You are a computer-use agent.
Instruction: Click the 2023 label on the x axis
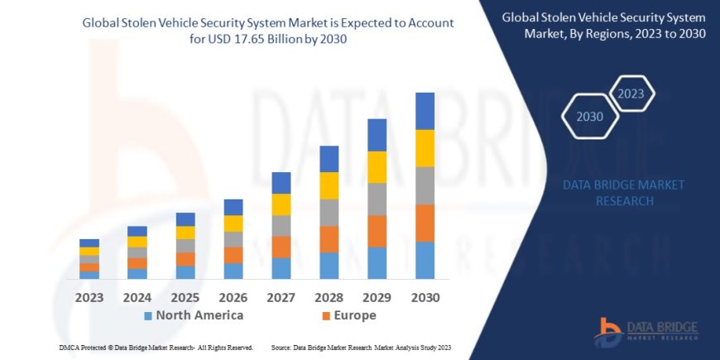[x=89, y=297]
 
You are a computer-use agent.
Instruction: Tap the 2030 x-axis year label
[x=425, y=297]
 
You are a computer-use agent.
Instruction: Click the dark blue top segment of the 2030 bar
[x=425, y=111]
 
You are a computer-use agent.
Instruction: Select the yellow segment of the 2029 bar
[x=377, y=167]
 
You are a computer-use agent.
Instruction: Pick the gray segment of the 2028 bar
[x=329, y=213]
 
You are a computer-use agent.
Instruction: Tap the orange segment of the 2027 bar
[x=281, y=247]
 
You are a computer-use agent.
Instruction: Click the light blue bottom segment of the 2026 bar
[x=233, y=271]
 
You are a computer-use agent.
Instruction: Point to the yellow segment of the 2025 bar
[x=185, y=233]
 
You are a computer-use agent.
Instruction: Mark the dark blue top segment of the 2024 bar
[x=137, y=231]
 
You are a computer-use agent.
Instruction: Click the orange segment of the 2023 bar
[x=89, y=267]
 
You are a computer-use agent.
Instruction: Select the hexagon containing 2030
[x=590, y=116]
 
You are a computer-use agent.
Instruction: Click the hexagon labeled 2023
[x=631, y=93]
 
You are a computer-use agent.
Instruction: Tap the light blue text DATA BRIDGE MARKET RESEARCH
[x=611, y=193]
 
